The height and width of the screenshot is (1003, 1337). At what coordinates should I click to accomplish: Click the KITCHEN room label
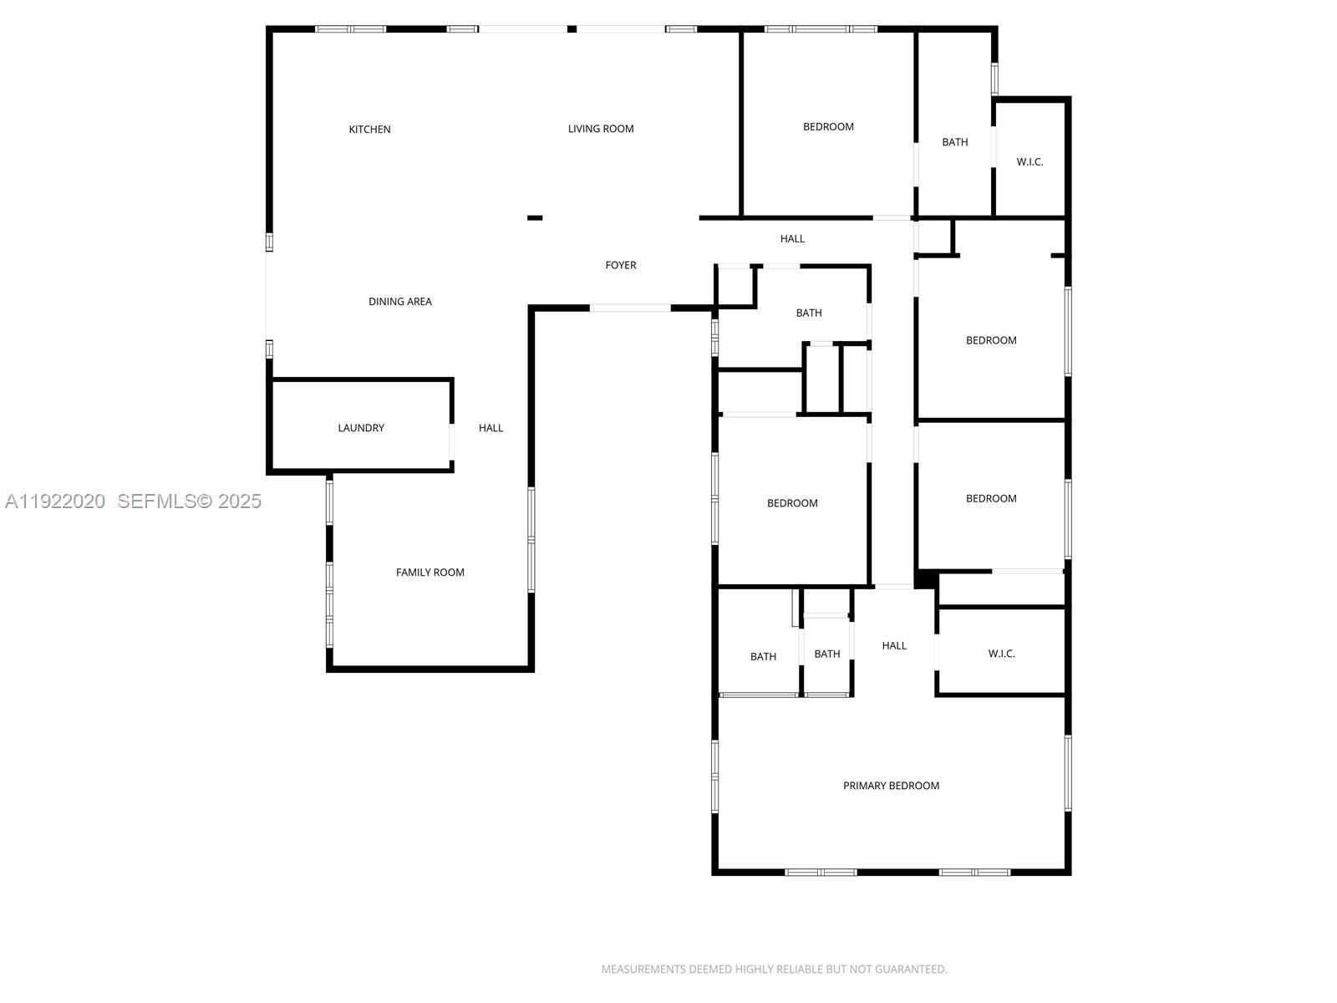pos(369,130)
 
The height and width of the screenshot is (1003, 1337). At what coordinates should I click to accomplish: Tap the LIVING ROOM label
pos(601,129)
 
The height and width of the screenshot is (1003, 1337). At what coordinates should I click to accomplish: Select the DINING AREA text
pos(400,302)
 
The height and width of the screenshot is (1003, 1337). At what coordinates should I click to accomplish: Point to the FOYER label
pos(621,265)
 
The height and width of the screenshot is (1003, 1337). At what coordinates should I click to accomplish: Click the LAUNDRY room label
pos(361,428)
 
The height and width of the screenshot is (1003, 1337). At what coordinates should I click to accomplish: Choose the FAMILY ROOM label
pos(430,573)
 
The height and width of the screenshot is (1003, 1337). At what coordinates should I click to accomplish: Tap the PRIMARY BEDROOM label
pos(891,786)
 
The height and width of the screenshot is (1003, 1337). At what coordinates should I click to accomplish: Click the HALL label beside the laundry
pos(491,428)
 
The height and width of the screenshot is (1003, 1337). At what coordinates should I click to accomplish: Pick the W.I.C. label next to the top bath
pos(1029,162)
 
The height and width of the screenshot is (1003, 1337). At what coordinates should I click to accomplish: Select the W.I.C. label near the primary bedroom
pos(1001,654)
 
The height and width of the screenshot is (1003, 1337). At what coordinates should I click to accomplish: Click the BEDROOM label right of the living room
pos(828,127)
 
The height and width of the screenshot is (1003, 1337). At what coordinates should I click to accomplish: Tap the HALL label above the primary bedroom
pos(894,645)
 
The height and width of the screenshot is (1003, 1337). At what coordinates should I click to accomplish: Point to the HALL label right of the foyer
pos(792,239)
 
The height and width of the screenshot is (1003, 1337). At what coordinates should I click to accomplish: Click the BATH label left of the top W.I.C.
pos(955,142)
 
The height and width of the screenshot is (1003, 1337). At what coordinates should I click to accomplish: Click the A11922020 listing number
pos(55,501)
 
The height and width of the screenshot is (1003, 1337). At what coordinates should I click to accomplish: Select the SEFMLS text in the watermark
pos(156,501)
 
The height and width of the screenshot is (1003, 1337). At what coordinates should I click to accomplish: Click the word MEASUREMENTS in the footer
pos(643,970)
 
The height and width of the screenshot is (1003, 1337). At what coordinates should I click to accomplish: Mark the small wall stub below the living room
pos(535,218)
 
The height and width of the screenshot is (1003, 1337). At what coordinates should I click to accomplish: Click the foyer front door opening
pos(630,308)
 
